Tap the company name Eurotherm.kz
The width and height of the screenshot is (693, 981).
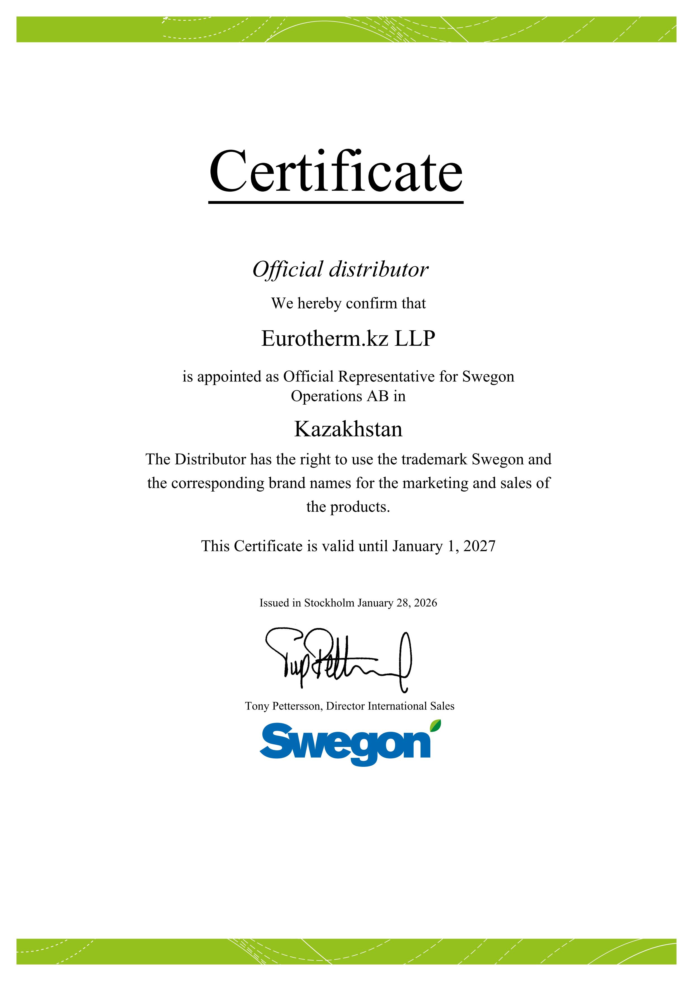[324, 339]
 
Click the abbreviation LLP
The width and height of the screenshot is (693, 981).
[415, 339]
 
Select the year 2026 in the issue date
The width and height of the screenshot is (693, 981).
[425, 603]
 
